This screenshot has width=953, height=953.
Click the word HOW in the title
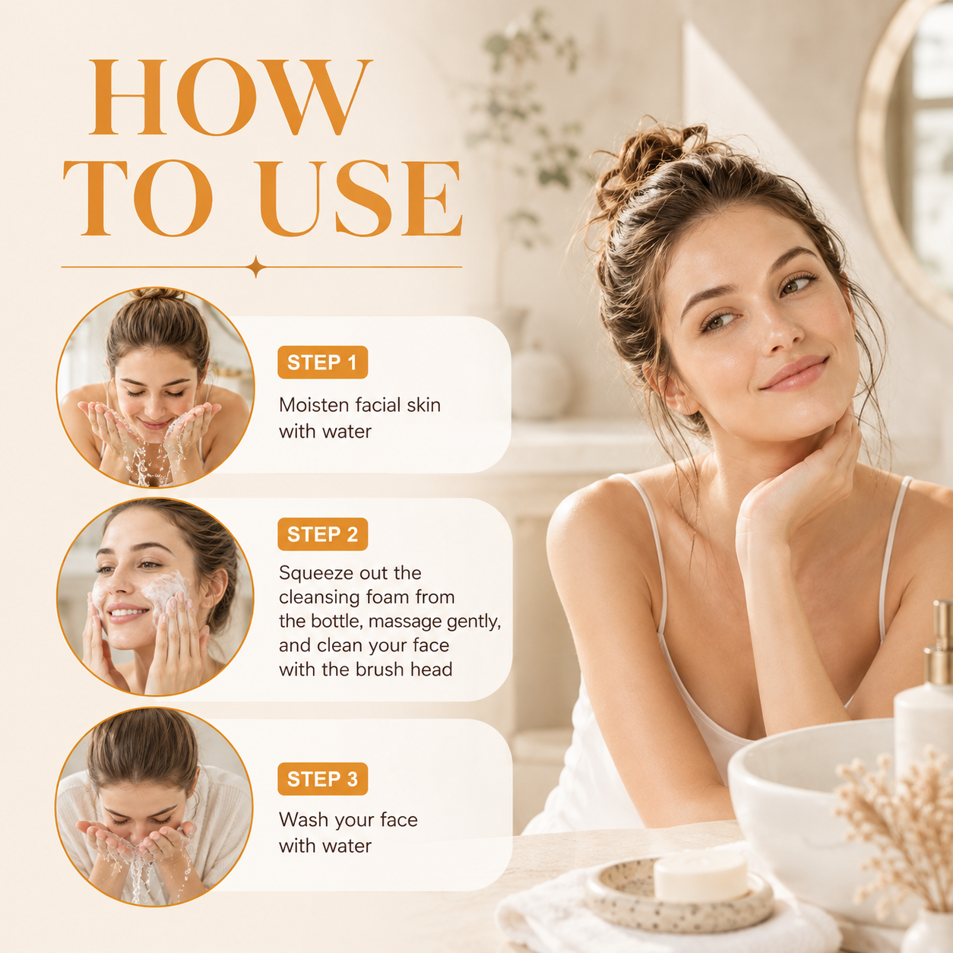point(230,97)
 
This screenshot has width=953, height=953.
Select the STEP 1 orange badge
point(322,362)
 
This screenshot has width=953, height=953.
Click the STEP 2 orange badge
point(322,534)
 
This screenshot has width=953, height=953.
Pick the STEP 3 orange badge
point(322,779)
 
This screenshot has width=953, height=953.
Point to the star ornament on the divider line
point(256,267)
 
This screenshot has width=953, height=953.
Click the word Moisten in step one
point(314,405)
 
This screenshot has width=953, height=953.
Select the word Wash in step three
point(301,820)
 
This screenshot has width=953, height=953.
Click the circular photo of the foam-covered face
point(155,597)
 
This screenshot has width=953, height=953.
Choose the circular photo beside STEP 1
point(155,388)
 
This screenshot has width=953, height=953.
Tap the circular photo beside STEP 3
point(154,807)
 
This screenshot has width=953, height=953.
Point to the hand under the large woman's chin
point(796,489)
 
